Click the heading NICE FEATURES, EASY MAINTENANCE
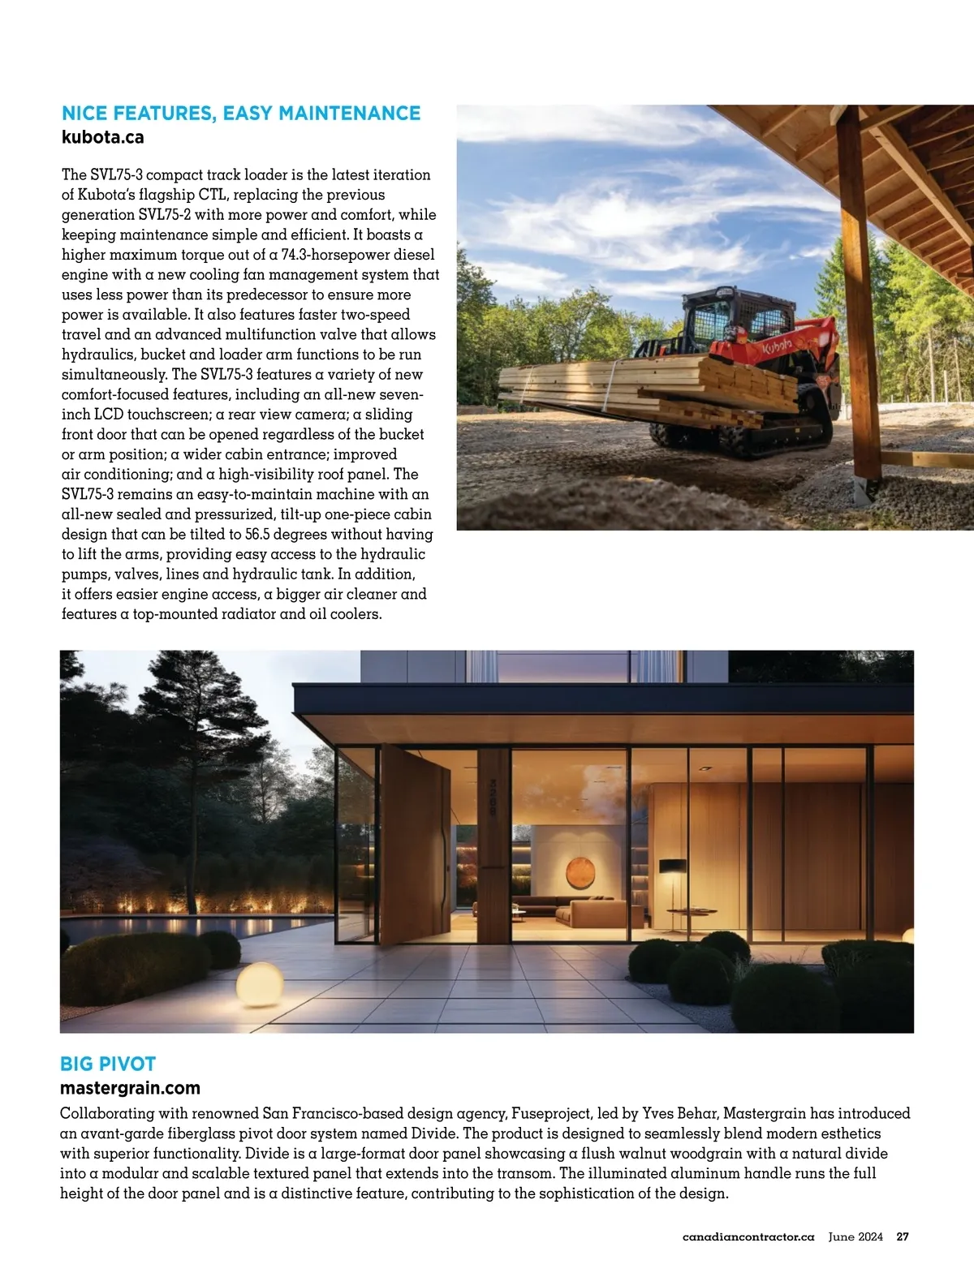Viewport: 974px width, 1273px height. pos(241,114)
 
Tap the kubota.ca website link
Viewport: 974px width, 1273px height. pos(103,137)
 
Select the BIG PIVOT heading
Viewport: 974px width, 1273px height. pos(108,1064)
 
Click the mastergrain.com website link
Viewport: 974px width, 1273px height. pos(130,1088)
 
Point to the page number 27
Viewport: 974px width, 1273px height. pos(903,1237)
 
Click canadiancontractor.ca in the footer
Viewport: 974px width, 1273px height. pos(748,1237)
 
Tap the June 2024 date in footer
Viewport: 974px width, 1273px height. pos(855,1237)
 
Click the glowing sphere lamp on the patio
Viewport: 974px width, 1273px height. pos(259,983)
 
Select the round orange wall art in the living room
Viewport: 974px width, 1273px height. pos(580,872)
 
